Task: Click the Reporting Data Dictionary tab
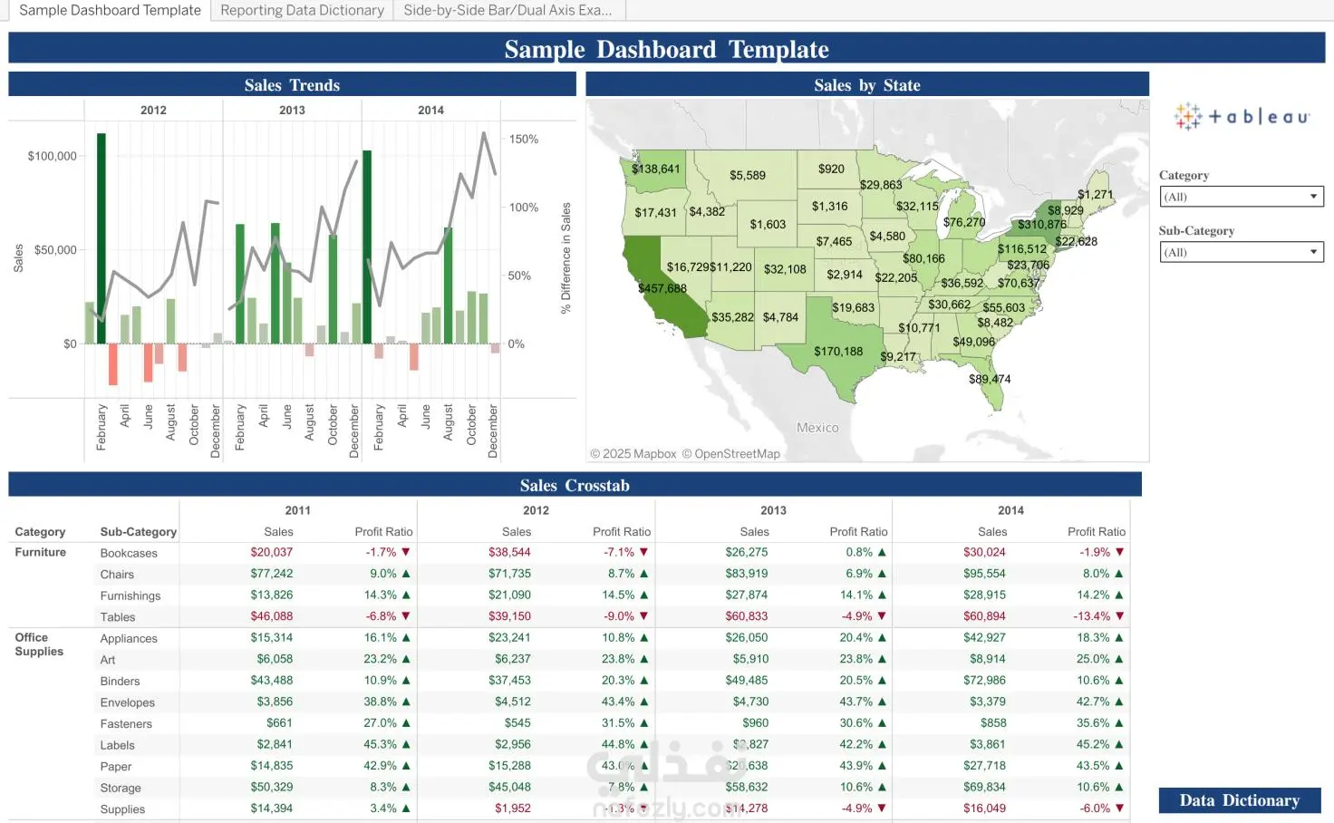pyautogui.click(x=302, y=11)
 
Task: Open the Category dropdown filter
pyautogui.click(x=1241, y=197)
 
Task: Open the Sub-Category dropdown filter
pyautogui.click(x=1241, y=252)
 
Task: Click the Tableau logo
pyautogui.click(x=1242, y=117)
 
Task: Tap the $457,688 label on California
pyautogui.click(x=662, y=288)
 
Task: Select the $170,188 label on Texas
pyautogui.click(x=838, y=352)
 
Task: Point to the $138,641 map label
pyautogui.click(x=655, y=169)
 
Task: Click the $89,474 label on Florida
pyautogui.click(x=990, y=379)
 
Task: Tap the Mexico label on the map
pyautogui.click(x=817, y=428)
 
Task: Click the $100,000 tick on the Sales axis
pyautogui.click(x=53, y=156)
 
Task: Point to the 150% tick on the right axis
pyautogui.click(x=524, y=140)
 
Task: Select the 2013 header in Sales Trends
pyautogui.click(x=292, y=110)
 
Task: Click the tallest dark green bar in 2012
pyautogui.click(x=101, y=237)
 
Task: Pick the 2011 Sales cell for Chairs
pyautogui.click(x=272, y=574)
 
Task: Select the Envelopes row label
pyautogui.click(x=128, y=702)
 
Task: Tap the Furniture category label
pyautogui.click(x=41, y=552)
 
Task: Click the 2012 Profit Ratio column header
pyautogui.click(x=622, y=532)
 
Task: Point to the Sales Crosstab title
pyautogui.click(x=575, y=486)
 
